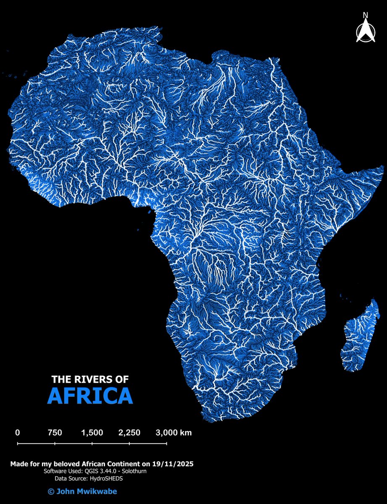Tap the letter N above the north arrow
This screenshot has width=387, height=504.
[x=366, y=16]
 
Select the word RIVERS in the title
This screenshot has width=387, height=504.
[x=91, y=379]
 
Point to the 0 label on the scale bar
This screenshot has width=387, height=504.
[x=18, y=433]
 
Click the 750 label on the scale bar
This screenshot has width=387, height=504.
[x=55, y=433]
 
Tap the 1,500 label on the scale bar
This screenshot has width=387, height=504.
[x=92, y=433]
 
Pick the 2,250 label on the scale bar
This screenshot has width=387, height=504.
[x=129, y=433]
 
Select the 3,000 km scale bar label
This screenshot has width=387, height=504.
[x=174, y=433]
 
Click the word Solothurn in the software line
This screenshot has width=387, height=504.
[x=134, y=472]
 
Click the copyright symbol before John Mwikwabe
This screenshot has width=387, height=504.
[x=51, y=491]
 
